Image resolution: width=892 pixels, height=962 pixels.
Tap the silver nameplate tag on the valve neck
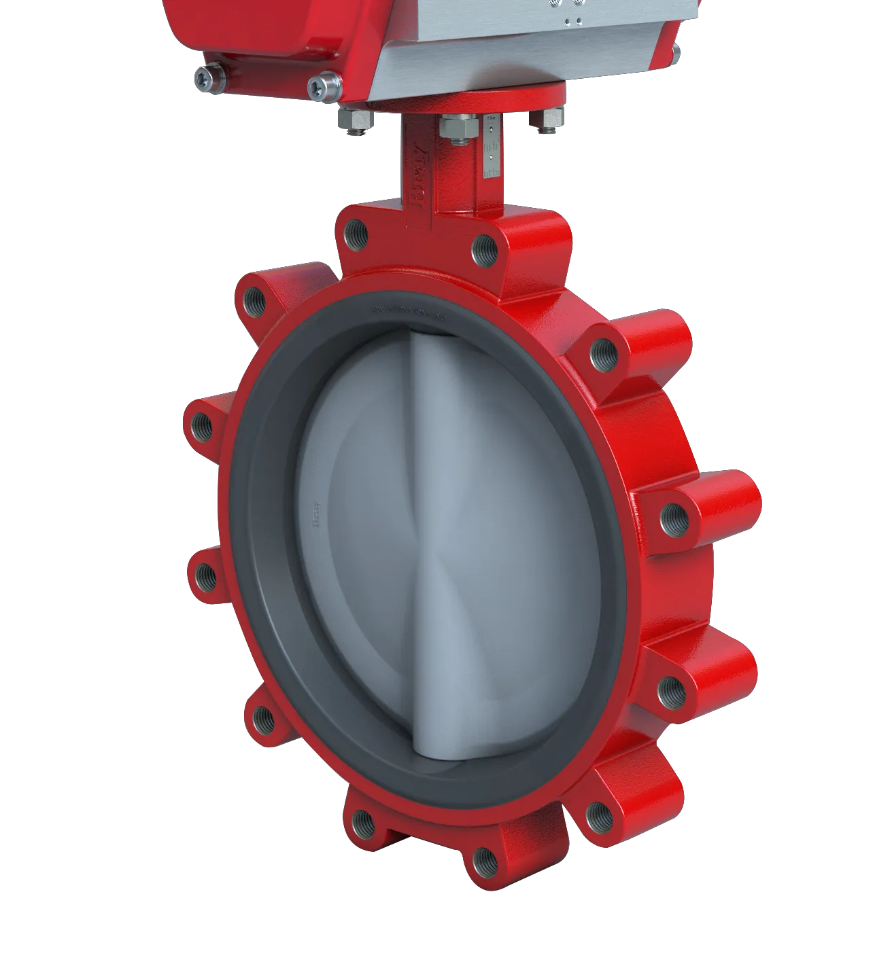click(x=491, y=147)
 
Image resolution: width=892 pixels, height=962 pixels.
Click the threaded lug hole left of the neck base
click(x=356, y=234)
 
